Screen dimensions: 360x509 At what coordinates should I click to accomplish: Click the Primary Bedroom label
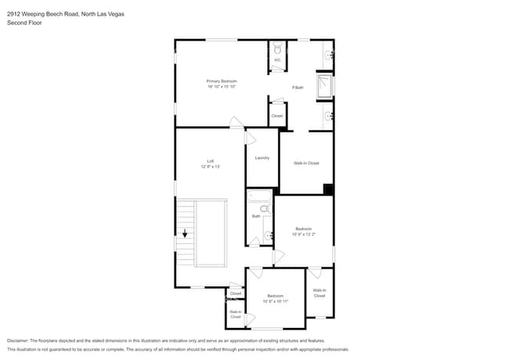tap(222, 81)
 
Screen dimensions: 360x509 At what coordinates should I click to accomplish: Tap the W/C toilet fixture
tap(277, 48)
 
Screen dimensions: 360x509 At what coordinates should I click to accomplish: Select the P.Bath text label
tap(298, 87)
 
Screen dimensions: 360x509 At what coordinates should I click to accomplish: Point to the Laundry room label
tap(262, 157)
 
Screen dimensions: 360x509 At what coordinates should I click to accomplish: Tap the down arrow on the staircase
tap(185, 232)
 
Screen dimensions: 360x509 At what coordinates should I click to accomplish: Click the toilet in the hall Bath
tap(264, 209)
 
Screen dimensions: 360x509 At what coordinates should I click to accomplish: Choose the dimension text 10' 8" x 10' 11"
tap(276, 301)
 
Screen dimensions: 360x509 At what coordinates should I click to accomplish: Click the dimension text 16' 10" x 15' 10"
tap(222, 87)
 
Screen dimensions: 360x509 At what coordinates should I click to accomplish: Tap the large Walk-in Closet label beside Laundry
tap(306, 163)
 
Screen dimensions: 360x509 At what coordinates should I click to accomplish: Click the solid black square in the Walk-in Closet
tap(329, 189)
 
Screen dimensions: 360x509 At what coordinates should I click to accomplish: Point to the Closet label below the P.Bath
tap(276, 116)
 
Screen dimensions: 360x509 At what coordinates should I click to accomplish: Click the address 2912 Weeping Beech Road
tap(39, 14)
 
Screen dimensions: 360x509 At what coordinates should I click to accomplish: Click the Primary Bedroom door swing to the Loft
tap(236, 122)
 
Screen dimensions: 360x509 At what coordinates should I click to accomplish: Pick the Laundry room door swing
tap(251, 137)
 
